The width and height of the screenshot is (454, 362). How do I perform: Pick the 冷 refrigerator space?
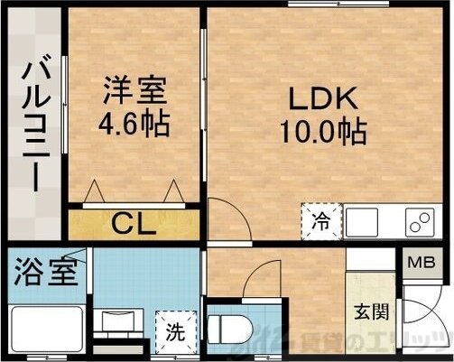(321, 220)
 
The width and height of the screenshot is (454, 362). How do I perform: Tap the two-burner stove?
(418, 221)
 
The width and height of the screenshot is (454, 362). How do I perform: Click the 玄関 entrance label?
(371, 312)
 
